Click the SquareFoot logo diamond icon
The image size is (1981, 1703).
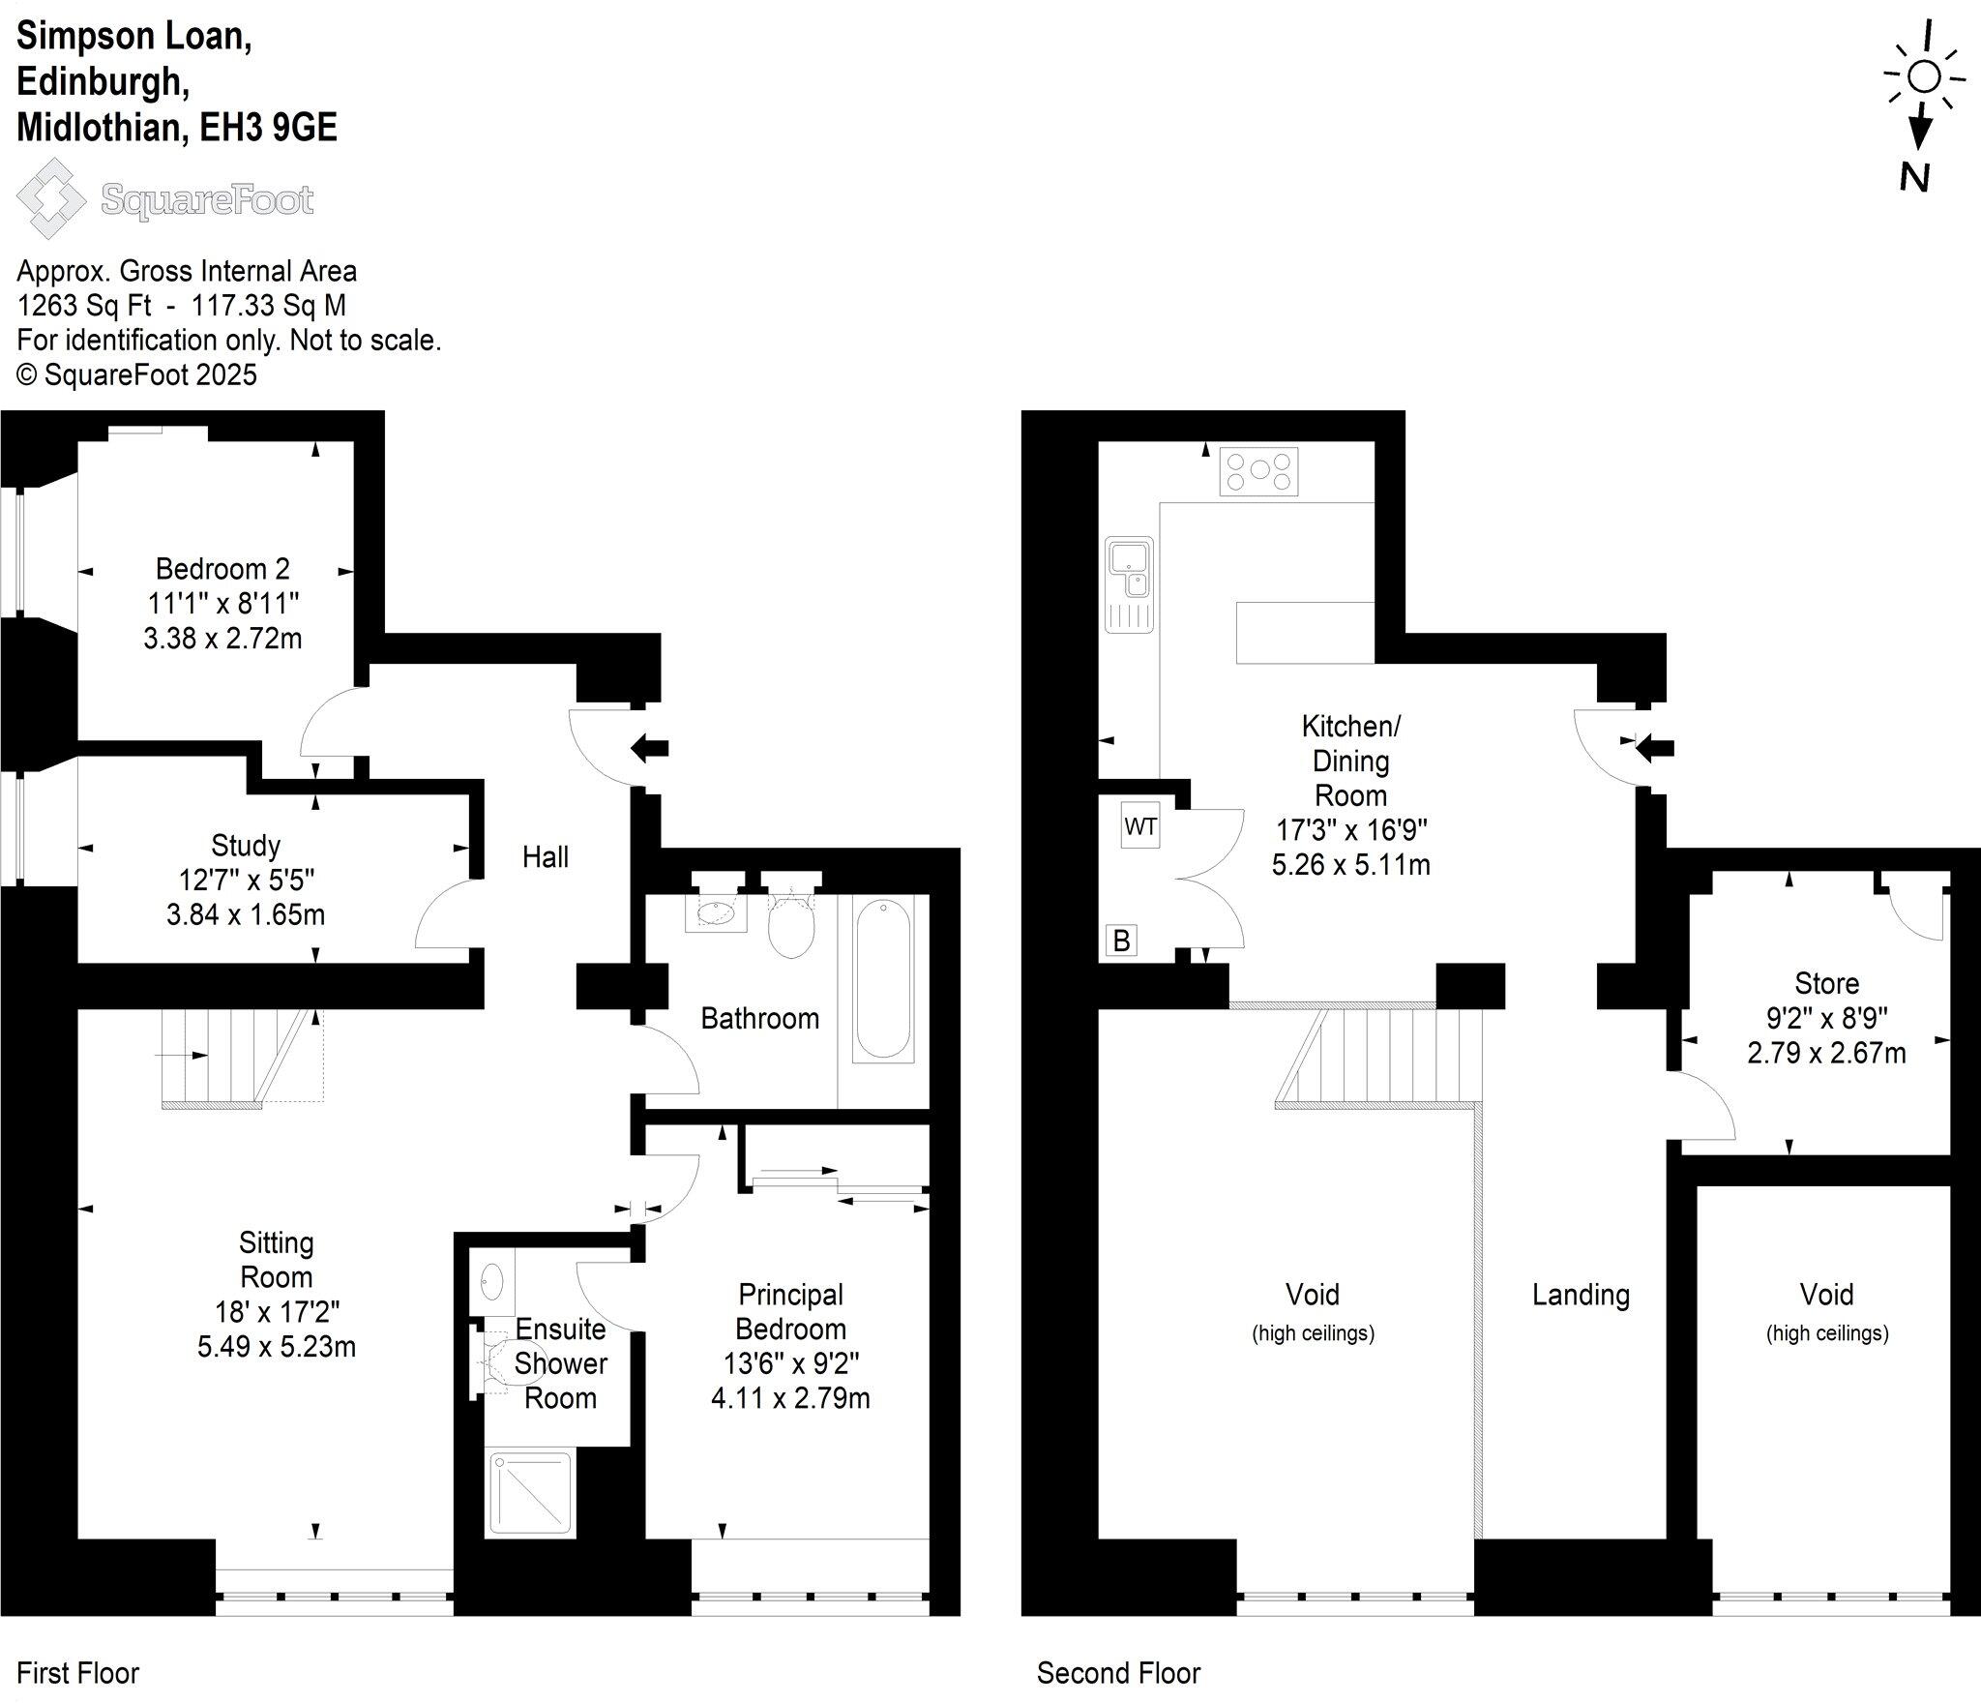click(x=52, y=198)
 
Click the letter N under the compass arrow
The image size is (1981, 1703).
click(x=1914, y=177)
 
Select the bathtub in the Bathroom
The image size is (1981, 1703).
click(x=883, y=978)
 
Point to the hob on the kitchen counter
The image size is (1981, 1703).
click(x=1258, y=471)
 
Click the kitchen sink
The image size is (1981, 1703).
click(x=1129, y=571)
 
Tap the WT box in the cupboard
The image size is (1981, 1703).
click(x=1140, y=826)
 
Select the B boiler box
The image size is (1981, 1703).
click(x=1121, y=941)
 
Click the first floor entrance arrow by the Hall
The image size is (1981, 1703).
click(x=650, y=747)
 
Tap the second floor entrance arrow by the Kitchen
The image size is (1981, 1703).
click(x=1655, y=746)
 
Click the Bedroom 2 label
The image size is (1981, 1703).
click(x=222, y=568)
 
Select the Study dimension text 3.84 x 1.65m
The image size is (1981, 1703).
click(x=246, y=914)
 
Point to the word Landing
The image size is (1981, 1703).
click(x=1581, y=1295)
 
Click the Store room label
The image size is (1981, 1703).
click(x=1826, y=983)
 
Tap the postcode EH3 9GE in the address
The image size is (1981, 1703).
click(x=268, y=128)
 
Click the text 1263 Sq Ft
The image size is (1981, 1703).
click(x=84, y=306)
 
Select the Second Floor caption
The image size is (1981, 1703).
click(x=1118, y=1673)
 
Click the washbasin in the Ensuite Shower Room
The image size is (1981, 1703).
click(x=491, y=1282)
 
